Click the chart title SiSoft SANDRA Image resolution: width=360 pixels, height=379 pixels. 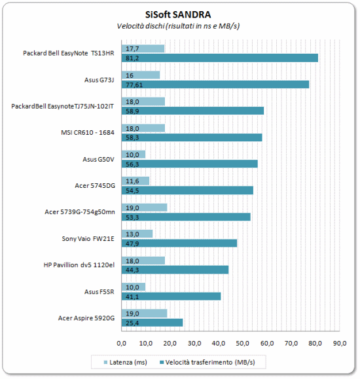click(178, 15)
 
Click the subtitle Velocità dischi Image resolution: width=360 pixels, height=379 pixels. click(141, 26)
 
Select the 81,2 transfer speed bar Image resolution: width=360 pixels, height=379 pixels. click(220, 58)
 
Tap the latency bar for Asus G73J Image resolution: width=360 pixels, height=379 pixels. click(141, 75)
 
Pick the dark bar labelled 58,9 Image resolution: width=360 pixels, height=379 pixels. click(192, 111)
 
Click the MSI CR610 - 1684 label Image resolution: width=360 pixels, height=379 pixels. click(88, 132)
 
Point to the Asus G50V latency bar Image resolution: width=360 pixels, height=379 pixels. click(134, 154)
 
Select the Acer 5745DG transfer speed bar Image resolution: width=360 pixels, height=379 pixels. click(187, 190)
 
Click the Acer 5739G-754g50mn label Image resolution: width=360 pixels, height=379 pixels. click(80, 212)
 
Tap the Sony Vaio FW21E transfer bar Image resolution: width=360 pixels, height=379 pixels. click(179, 243)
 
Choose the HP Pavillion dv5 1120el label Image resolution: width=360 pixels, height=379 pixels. click(79, 265)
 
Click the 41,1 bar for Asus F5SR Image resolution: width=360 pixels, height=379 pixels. click(171, 297)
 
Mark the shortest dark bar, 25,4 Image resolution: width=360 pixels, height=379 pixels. click(152, 323)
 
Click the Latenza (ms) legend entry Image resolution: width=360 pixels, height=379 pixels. click(125, 363)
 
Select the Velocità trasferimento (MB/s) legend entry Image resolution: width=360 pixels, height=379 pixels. click(207, 363)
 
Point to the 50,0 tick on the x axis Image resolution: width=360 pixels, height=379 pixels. click(242, 343)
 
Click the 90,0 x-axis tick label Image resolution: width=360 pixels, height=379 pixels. click(340, 343)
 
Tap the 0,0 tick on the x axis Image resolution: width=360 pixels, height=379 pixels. click(121, 343)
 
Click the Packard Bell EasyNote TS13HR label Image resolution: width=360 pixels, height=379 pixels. click(69, 53)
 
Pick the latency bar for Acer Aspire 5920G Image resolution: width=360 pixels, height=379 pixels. click(145, 314)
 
